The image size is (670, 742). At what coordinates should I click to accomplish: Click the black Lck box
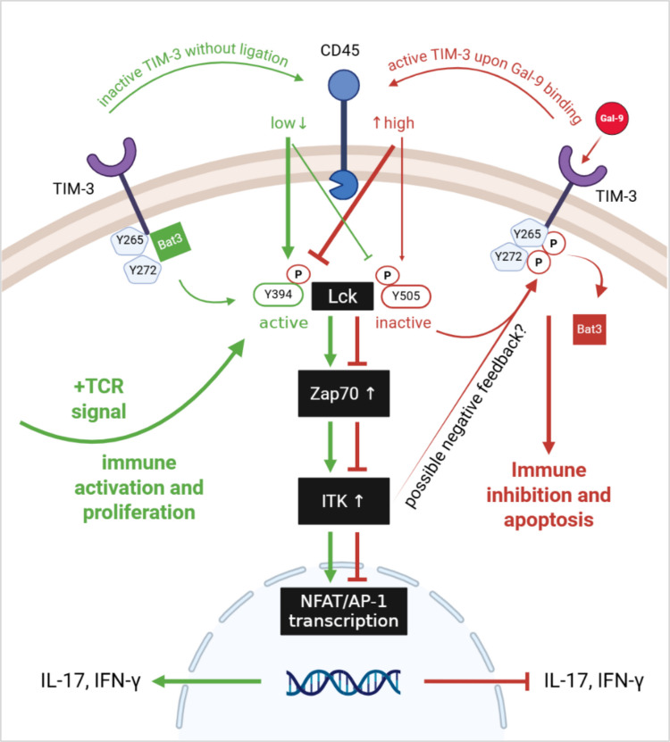point(342,296)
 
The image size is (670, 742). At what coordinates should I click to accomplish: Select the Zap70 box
point(344,393)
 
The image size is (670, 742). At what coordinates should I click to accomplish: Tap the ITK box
point(344,501)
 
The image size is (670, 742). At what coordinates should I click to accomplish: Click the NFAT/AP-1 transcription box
point(344,611)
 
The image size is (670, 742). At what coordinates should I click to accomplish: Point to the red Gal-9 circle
point(611,118)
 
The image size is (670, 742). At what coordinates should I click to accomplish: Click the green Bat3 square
point(170,242)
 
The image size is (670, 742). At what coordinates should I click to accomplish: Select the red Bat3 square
point(590,329)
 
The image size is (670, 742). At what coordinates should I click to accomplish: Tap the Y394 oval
point(279,295)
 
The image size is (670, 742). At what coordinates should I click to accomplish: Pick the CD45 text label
point(339,50)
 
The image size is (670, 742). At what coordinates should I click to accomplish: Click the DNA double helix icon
point(344,682)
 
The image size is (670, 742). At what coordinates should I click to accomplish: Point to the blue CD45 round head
point(344,86)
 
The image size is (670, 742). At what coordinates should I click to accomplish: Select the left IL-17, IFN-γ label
point(91,681)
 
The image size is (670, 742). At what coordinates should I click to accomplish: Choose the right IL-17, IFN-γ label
point(594,681)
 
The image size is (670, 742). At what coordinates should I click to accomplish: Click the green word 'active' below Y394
point(283,322)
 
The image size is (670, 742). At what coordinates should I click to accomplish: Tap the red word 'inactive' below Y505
point(403,322)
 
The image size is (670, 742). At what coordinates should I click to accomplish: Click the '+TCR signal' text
point(99,399)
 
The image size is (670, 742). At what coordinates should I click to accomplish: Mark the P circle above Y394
point(298,274)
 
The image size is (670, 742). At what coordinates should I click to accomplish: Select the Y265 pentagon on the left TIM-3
point(130,240)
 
